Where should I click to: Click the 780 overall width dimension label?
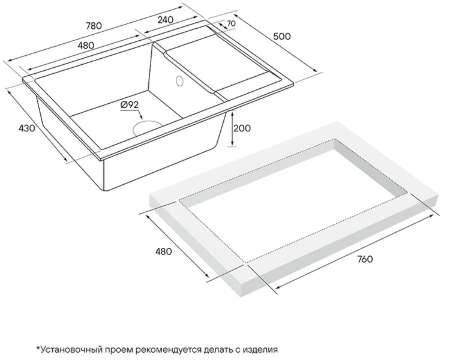(94, 26)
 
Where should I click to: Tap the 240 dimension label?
(166, 20)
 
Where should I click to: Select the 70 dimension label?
(231, 23)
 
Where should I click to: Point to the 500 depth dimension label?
(281, 37)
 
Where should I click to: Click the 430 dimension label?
(26, 128)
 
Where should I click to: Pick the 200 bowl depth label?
(242, 128)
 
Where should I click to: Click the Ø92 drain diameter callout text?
(130, 105)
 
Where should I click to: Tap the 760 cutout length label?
(365, 259)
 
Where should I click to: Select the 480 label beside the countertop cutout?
(163, 251)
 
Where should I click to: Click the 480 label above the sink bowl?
(86, 45)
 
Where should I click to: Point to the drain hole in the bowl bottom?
(146, 127)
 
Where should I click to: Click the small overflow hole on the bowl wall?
(179, 80)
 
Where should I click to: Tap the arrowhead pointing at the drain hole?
(140, 118)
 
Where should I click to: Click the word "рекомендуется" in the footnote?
(166, 350)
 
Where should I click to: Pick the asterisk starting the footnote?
(38, 348)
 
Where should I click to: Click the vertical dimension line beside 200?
(232, 128)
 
